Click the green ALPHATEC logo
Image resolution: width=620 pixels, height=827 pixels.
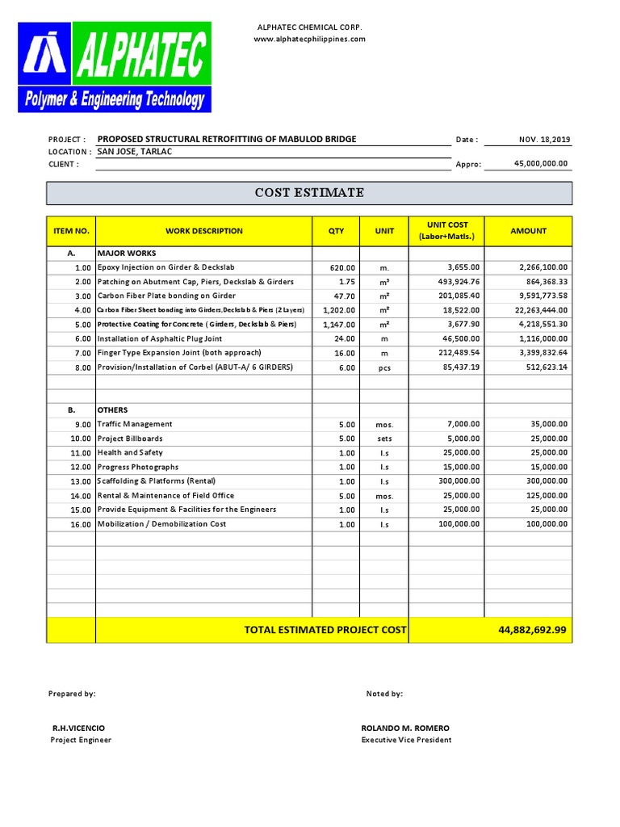tap(115, 67)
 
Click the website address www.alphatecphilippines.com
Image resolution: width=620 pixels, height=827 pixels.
tap(310, 39)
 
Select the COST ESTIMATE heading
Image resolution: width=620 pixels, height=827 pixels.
tap(309, 193)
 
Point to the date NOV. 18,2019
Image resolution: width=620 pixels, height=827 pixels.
tap(545, 140)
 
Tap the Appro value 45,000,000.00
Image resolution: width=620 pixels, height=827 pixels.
tap(541, 163)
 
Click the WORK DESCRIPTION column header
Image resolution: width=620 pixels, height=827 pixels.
tap(203, 231)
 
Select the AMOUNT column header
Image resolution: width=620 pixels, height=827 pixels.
tap(528, 231)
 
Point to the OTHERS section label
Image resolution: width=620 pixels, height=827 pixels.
tap(112, 409)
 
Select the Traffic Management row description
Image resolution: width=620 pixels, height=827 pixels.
tap(135, 424)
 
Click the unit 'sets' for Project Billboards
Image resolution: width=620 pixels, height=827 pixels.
tap(384, 439)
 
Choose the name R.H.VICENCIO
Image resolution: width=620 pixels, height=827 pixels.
tap(78, 728)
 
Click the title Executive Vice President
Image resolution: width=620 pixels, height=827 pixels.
tap(406, 740)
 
